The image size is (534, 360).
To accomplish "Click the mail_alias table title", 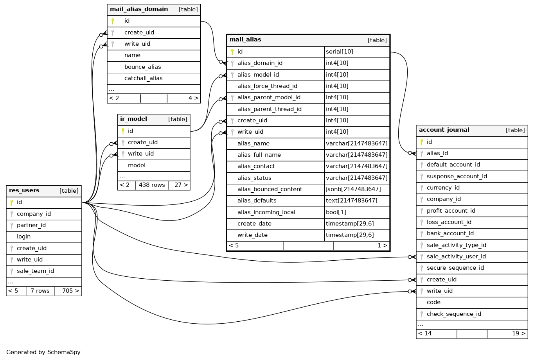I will click(245, 39).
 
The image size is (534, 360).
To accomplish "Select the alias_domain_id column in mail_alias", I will click(260, 63).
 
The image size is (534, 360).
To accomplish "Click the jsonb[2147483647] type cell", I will click(353, 189).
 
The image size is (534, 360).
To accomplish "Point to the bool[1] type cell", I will click(336, 212).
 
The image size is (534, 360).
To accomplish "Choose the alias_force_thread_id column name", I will click(267, 86).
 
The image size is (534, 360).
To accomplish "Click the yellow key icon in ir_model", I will click(123, 131).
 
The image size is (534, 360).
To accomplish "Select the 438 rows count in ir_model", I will click(152, 185).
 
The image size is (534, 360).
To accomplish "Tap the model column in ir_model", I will click(137, 165).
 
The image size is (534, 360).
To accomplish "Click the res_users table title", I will click(24, 190).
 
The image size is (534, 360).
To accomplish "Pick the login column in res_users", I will click(23, 236).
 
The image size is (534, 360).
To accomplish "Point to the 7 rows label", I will click(40, 291).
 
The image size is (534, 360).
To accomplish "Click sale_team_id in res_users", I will click(35, 271).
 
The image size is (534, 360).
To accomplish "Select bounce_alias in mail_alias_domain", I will click(142, 67).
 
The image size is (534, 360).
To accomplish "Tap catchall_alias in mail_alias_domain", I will click(143, 78).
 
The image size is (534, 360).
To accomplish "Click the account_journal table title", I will click(444, 130).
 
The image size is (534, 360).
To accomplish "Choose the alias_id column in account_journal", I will click(437, 153).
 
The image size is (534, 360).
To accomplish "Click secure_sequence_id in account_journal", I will click(455, 268).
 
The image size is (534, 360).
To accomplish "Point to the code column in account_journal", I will click(433, 302).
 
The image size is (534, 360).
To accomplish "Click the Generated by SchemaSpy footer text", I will click(43, 352).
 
